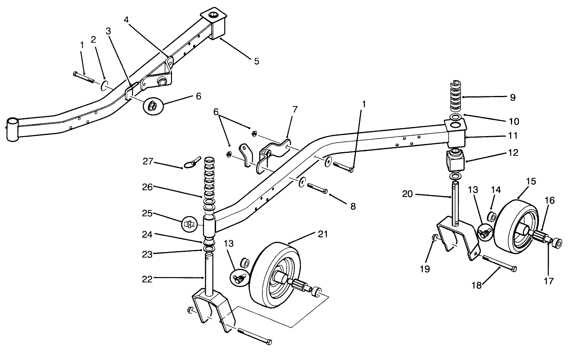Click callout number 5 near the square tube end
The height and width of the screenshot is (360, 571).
(x=256, y=61)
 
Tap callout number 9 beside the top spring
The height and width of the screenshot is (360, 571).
(x=512, y=98)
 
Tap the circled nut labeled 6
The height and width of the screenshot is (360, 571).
(x=153, y=105)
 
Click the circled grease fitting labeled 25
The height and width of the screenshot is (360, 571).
(x=189, y=224)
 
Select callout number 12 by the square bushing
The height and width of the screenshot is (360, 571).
(x=513, y=153)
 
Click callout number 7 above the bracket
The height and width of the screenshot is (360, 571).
(x=295, y=109)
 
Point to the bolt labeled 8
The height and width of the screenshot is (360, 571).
(x=318, y=189)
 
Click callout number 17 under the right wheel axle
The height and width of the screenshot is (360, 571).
(x=548, y=281)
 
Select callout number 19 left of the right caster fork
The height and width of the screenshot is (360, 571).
(x=425, y=269)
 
